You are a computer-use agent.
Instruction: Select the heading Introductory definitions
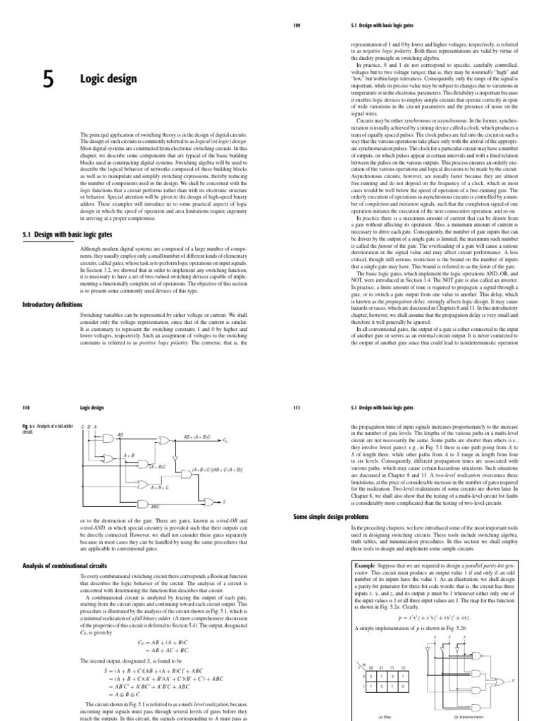(x=53, y=304)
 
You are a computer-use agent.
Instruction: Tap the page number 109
(x=297, y=27)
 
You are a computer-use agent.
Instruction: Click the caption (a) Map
(x=383, y=716)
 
